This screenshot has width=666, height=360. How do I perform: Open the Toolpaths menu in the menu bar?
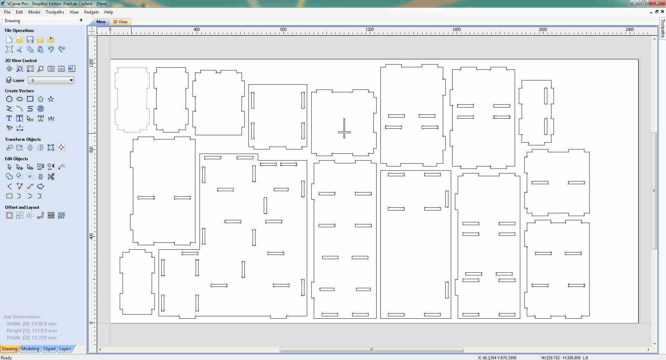pos(55,12)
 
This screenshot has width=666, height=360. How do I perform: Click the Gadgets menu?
pos(91,12)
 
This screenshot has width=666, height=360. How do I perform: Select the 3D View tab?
pos(120,22)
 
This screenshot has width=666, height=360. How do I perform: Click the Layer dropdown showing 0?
pos(51,80)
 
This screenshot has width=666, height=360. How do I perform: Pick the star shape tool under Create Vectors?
pos(51,99)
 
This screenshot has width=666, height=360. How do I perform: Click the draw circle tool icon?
pos(9,99)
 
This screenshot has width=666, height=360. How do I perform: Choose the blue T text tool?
pos(9,119)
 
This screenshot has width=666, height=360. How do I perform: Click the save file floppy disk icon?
pos(30,40)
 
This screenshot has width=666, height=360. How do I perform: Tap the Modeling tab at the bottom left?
pos(30,349)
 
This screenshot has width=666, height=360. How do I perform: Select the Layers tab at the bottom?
pos(65,349)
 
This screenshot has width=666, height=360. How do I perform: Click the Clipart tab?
pos(49,349)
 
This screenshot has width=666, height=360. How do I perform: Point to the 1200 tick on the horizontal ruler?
pos(370,30)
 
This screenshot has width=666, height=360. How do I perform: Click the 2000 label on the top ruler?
pos(543,29)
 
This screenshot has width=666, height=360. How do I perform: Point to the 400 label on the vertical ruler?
pos(91,236)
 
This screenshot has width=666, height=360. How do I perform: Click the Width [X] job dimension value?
pos(44,324)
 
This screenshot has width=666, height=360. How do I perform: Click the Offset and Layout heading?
pos(22,207)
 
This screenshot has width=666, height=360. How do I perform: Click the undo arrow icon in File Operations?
pos(51,49)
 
